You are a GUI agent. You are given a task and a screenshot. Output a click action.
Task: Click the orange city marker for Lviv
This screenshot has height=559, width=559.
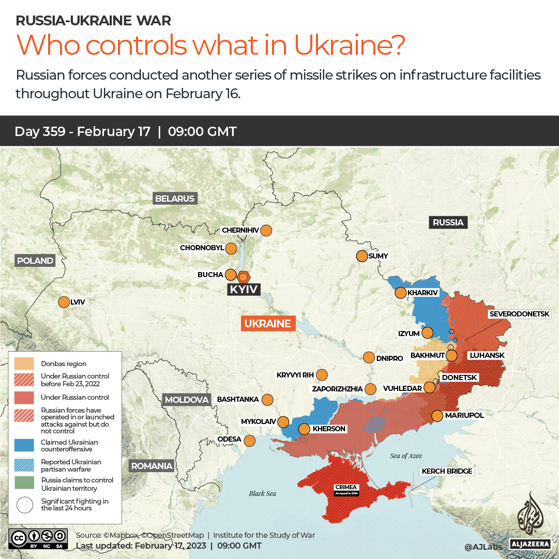point(64,302)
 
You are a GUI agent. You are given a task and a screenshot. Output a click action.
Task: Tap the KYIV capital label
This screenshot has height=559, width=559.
point(244,290)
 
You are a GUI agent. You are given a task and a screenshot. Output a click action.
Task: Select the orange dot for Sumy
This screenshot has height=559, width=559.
point(361,256)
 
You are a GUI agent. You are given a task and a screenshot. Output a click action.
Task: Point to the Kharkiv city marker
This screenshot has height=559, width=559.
point(400,293)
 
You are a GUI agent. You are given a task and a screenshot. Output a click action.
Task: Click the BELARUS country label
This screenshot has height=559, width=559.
point(175,199)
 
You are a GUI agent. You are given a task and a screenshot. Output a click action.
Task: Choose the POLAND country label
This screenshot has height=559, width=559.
point(35,261)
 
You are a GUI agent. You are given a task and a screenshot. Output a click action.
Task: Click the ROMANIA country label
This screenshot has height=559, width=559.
point(152,466)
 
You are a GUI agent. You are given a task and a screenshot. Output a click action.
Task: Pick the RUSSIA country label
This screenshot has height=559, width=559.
point(448,222)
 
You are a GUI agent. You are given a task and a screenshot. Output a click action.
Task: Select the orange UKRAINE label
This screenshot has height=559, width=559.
point(268,324)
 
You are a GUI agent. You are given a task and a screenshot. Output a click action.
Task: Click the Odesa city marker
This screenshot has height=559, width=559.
point(250,441)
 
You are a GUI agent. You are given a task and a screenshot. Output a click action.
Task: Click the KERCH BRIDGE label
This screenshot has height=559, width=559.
point(447,471)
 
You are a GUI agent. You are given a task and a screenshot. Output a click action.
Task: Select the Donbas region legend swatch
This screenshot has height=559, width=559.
point(24,364)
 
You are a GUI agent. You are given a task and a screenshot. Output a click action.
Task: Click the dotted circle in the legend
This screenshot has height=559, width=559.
point(24,505)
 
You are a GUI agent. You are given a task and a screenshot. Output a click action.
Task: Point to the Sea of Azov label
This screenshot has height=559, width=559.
point(406,456)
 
